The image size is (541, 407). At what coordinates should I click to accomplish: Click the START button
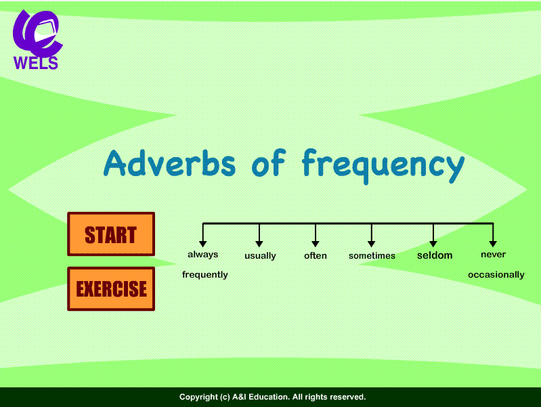(x=111, y=234)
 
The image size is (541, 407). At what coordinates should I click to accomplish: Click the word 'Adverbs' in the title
(x=170, y=163)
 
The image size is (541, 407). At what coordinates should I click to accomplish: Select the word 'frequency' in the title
(x=383, y=165)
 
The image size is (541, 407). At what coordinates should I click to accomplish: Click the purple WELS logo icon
(x=37, y=32)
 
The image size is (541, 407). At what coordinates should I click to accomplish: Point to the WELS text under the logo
(x=36, y=64)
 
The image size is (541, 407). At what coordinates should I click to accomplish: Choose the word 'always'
(x=202, y=255)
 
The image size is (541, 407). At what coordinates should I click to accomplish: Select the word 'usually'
(x=260, y=256)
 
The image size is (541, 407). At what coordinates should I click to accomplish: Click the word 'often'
(x=316, y=256)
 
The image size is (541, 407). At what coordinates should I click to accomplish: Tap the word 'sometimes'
(x=372, y=256)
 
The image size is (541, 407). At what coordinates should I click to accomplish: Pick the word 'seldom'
(x=434, y=255)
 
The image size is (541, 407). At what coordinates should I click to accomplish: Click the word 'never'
(x=493, y=255)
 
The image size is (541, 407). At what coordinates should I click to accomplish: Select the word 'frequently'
(x=204, y=275)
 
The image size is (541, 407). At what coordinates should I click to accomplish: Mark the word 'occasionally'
(x=496, y=275)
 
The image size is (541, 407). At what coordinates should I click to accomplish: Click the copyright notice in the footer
(x=272, y=397)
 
